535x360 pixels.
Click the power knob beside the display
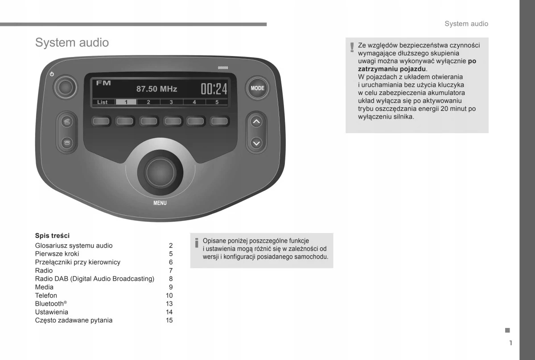click(66, 87)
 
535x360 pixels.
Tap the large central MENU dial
click(160, 171)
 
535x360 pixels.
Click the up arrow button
click(256, 121)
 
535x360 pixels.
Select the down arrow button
click(256, 143)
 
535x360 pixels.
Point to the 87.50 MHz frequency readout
click(156, 89)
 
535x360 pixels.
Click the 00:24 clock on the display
click(214, 89)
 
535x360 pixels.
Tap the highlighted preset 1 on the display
click(126, 102)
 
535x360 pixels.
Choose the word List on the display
click(103, 102)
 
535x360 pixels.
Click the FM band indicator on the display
click(103, 83)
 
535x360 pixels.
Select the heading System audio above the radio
click(72, 43)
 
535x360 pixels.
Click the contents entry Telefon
click(46, 295)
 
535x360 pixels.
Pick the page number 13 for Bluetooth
click(169, 303)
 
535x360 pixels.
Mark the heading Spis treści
click(52, 236)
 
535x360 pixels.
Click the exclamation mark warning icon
click(352, 47)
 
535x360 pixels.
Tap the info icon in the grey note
click(196, 243)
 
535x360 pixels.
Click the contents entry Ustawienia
click(52, 312)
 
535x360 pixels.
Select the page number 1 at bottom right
click(510, 343)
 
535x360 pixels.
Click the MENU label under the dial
click(160, 203)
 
